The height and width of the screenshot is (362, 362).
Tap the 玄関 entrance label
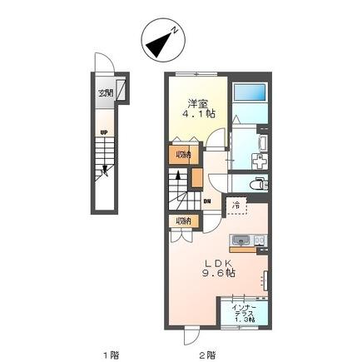coord(107,92)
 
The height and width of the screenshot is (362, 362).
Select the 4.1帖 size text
coord(201,115)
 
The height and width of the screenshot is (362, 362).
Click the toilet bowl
coord(257,182)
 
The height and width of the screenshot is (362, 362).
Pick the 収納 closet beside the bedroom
coord(182,154)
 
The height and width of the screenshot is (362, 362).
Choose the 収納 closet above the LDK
coord(182,221)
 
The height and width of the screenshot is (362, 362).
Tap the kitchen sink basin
coord(242,241)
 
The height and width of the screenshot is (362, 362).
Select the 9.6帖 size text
coord(219,272)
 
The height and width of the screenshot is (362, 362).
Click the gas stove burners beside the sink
coord(260,241)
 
